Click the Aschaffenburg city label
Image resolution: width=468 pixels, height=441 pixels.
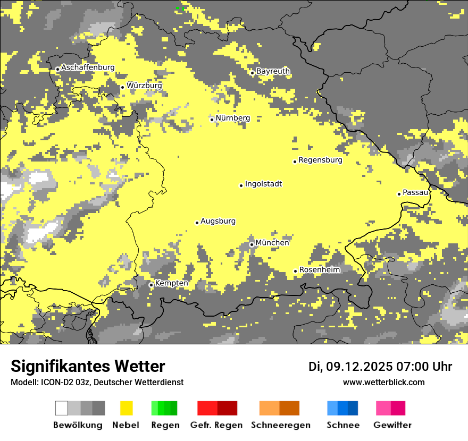point(88,67)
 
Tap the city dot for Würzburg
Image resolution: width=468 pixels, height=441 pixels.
point(122,87)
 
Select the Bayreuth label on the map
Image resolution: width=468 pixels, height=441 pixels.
point(273,71)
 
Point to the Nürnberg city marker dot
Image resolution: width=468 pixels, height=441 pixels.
point(212,120)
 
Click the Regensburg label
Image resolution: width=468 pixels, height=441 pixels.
point(320,160)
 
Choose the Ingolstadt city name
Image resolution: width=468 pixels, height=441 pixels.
point(263,184)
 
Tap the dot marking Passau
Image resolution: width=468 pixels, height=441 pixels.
point(399,194)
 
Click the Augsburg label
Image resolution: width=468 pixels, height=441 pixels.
point(218,221)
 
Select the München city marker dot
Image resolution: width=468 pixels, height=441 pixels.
point(252,244)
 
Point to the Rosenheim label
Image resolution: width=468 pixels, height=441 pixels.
point(320,270)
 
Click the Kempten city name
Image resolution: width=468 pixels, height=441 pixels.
point(171,283)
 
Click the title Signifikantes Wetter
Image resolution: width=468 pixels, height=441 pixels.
point(88,367)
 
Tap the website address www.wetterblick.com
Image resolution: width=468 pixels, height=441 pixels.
point(383,382)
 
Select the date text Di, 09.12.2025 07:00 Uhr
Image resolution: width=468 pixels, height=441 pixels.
point(380,367)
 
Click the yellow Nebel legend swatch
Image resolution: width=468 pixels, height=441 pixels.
point(127,408)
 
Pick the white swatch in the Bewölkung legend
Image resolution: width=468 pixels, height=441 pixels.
point(62,408)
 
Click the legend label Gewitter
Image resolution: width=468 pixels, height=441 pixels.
point(392,425)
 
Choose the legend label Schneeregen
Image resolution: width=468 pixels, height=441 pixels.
point(281,425)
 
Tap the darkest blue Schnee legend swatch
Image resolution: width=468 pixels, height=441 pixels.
point(353,408)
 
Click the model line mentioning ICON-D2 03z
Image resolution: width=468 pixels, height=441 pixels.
point(97,382)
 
